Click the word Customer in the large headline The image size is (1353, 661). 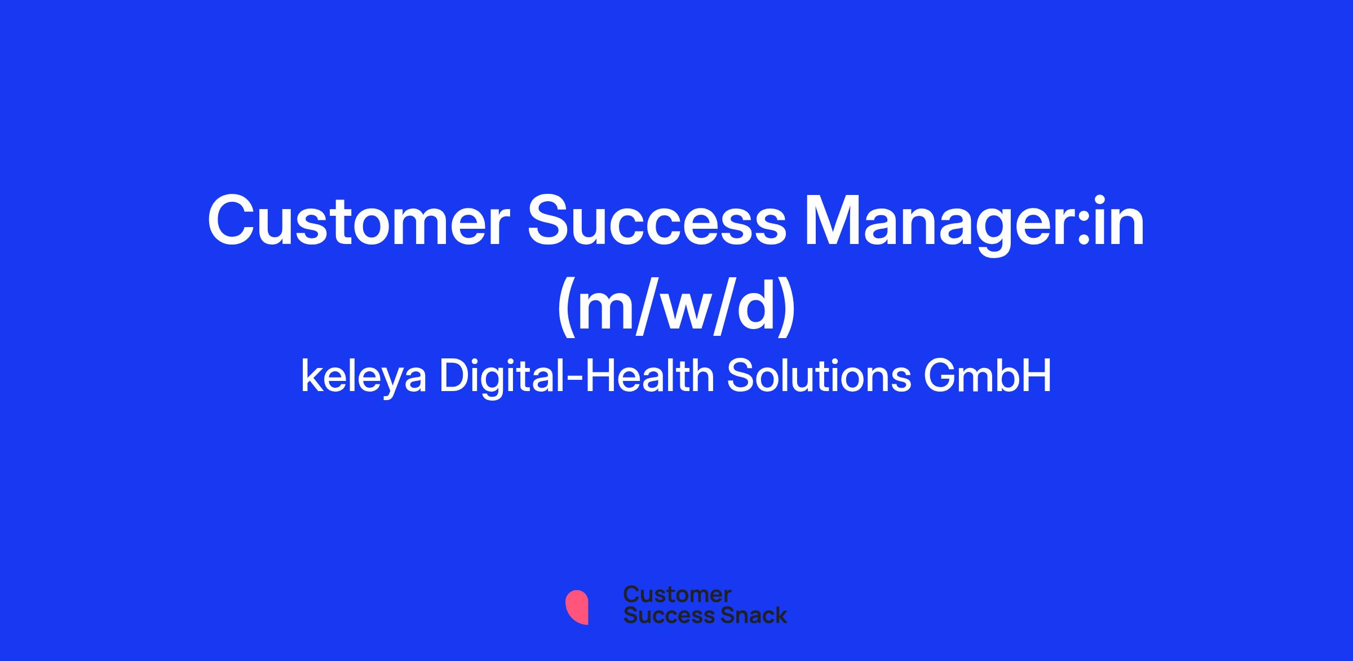[x=359, y=221]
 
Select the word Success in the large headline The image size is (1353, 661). [x=656, y=221]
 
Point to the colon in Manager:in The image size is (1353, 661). [x=1082, y=229]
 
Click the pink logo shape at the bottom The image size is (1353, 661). [x=577, y=607]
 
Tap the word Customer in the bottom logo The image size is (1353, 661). [x=677, y=595]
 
